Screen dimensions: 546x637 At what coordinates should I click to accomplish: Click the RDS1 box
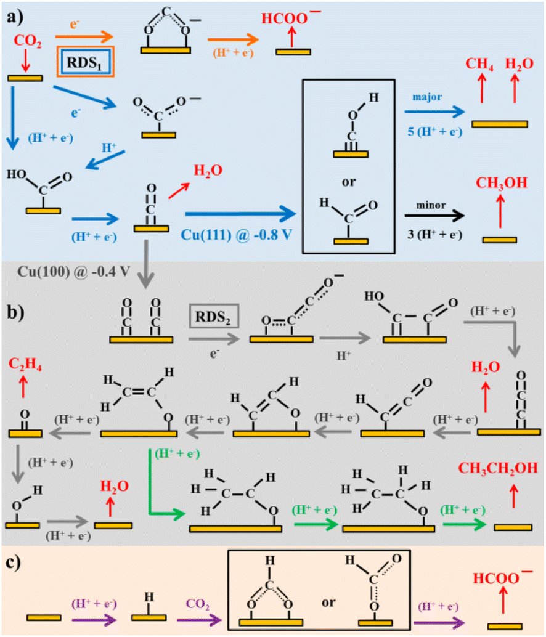pyautogui.click(x=85, y=62)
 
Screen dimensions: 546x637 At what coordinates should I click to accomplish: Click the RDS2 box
pyautogui.click(x=214, y=316)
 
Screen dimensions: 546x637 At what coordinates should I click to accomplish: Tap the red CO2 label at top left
pyautogui.click(x=27, y=41)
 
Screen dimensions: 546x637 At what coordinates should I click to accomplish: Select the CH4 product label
pyautogui.click(x=479, y=64)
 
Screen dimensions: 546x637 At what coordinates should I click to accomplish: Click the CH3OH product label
pyautogui.click(x=501, y=183)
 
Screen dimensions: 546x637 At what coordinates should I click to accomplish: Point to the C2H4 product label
pyautogui.click(x=25, y=364)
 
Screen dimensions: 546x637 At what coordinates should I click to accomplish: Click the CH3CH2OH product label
pyautogui.click(x=498, y=468)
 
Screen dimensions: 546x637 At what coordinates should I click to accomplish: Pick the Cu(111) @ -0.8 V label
pyautogui.click(x=236, y=235)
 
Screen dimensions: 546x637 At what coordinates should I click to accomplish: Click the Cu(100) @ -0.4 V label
pyautogui.click(x=73, y=272)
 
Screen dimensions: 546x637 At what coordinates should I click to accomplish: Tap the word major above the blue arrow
pyautogui.click(x=427, y=97)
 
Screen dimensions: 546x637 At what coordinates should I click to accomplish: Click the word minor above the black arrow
pyautogui.click(x=431, y=205)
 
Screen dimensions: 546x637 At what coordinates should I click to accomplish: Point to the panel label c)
pyautogui.click(x=14, y=562)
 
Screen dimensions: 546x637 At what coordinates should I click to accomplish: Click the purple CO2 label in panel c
pyautogui.click(x=197, y=604)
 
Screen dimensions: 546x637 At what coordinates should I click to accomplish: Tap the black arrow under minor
pyautogui.click(x=434, y=216)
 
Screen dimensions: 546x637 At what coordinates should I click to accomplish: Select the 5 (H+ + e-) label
pyautogui.click(x=434, y=132)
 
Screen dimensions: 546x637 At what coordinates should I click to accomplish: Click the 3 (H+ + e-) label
pyautogui.click(x=434, y=234)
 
